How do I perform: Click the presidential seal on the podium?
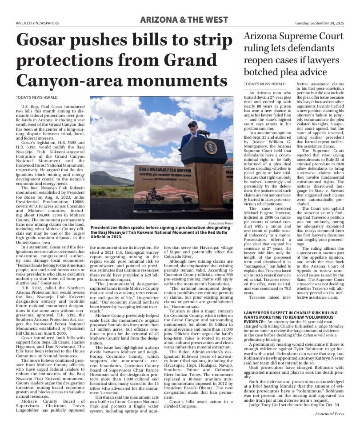210,147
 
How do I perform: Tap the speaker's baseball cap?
192,124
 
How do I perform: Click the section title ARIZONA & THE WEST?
184,20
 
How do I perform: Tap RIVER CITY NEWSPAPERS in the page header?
37,23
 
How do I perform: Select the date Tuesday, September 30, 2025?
319,23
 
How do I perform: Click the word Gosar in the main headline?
48,40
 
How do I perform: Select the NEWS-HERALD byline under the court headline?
264,84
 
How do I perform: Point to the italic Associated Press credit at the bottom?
327,414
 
